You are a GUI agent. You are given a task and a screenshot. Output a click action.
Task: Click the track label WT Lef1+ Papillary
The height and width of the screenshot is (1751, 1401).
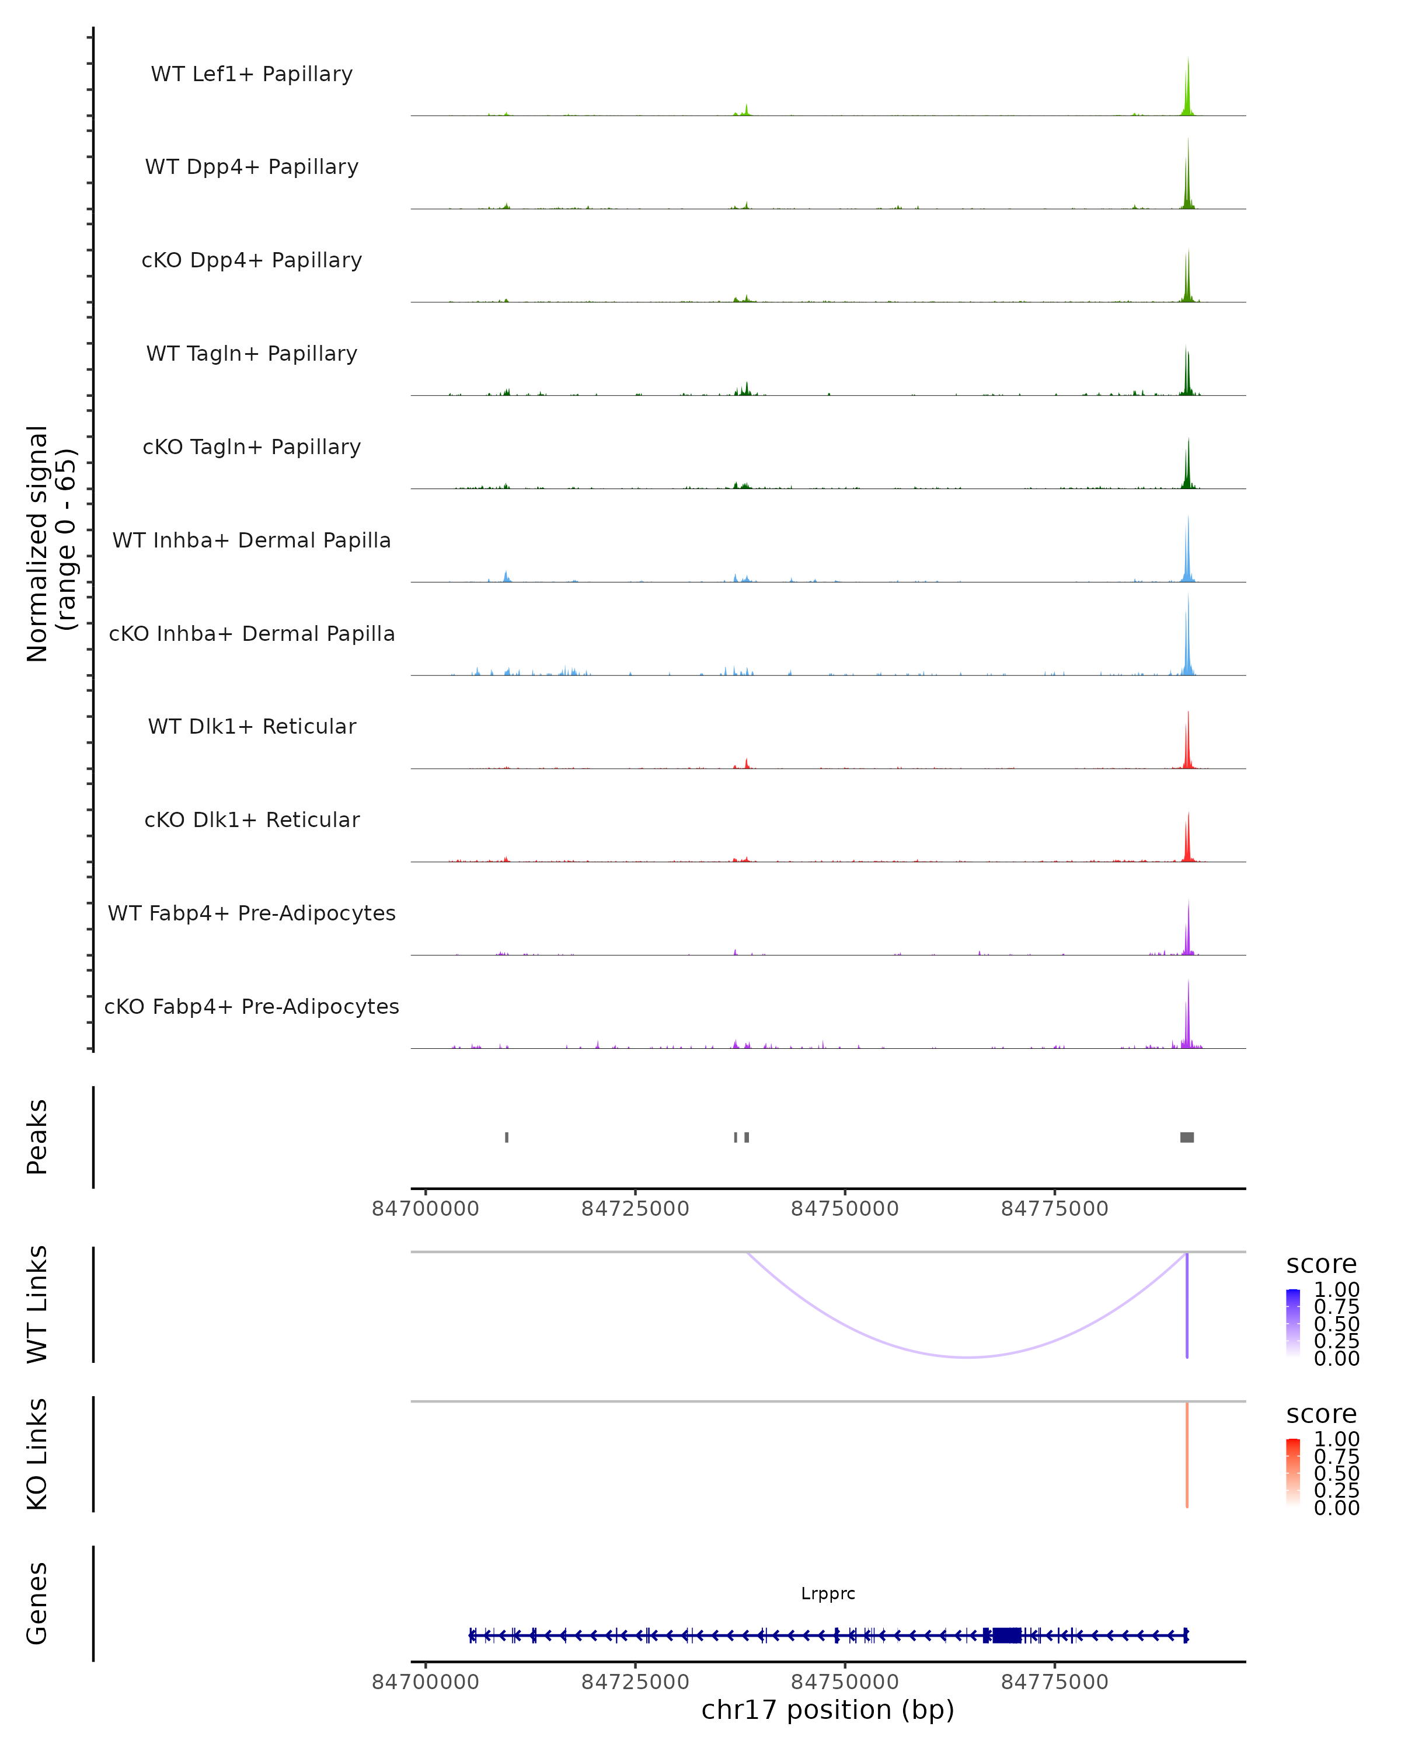click(x=252, y=74)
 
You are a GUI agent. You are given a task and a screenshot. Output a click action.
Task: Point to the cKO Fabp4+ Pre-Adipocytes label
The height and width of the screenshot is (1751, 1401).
click(x=252, y=1006)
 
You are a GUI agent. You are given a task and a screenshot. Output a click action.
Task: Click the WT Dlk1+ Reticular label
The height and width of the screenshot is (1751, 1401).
click(x=252, y=726)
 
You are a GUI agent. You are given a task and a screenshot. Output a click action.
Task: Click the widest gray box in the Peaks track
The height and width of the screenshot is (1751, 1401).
click(x=1187, y=1137)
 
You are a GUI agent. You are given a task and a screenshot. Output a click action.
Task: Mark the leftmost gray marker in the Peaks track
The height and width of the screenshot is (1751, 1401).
click(x=507, y=1137)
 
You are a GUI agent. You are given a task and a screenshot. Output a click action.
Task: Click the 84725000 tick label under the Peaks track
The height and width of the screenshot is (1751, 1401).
click(x=635, y=1209)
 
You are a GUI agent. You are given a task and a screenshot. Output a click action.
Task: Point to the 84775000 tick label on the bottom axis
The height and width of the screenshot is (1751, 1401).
click(x=1054, y=1682)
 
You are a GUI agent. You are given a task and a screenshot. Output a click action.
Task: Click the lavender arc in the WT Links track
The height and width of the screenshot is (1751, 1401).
click(x=967, y=1357)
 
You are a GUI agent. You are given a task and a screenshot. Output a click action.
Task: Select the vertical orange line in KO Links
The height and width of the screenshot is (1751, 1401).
click(x=1187, y=1454)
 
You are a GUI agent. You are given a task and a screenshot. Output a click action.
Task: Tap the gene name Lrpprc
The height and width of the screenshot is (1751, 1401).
click(x=828, y=1593)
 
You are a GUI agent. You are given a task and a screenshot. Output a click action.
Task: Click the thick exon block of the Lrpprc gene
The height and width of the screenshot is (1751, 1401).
click(x=1006, y=1635)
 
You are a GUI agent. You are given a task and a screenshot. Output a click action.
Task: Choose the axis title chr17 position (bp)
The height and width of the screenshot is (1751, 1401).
click(x=828, y=1710)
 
